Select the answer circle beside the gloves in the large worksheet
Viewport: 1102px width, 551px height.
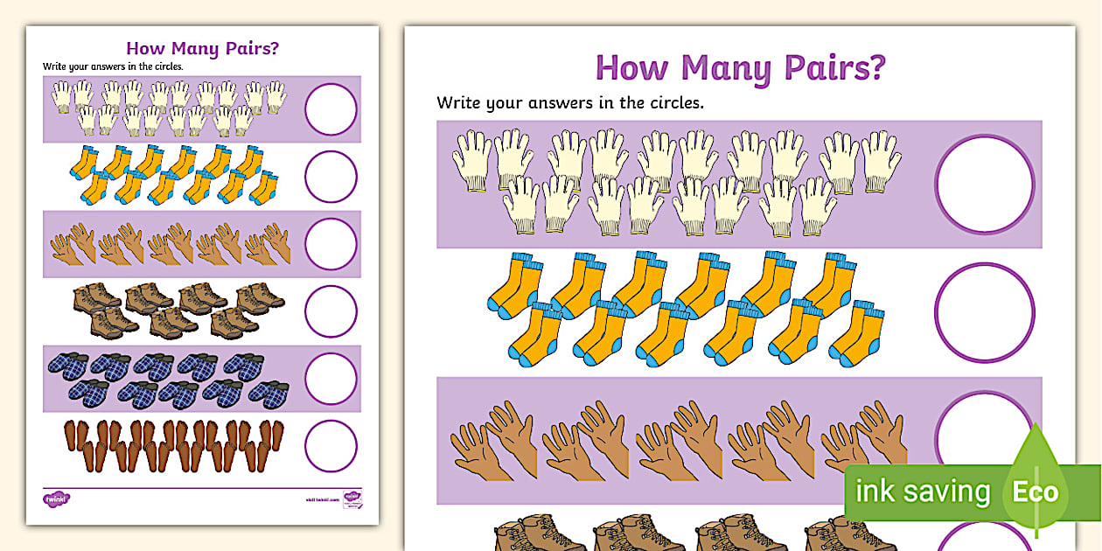coord(984,185)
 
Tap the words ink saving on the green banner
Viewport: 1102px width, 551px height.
coord(922,492)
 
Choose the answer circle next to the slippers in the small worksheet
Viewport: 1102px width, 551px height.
coord(331,379)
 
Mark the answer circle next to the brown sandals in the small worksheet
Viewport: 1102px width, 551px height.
coord(331,446)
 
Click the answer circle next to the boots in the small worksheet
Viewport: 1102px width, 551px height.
coord(331,311)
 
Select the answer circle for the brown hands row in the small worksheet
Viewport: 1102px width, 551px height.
coord(331,244)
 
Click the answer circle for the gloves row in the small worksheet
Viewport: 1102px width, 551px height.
coord(331,109)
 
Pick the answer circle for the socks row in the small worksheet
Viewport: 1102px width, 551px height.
coord(331,177)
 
